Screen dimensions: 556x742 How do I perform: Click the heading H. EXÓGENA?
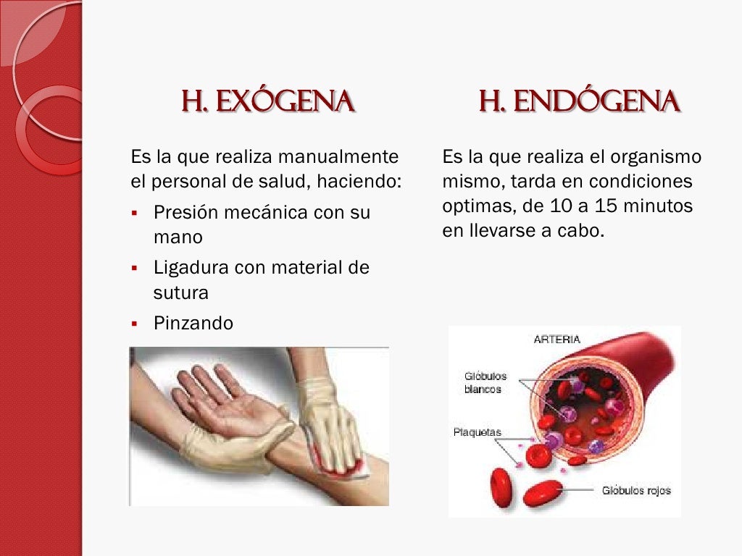click(x=267, y=102)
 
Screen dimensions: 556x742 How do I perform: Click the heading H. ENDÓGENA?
click(x=579, y=102)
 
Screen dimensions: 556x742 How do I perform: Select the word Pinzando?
click(x=193, y=323)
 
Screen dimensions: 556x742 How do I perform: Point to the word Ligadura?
click(x=190, y=268)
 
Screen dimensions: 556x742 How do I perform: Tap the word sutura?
click(x=181, y=292)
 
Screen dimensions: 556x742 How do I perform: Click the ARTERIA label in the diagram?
click(x=556, y=339)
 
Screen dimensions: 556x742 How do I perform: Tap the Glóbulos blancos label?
click(x=485, y=382)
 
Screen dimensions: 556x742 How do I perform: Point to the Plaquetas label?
click(x=477, y=432)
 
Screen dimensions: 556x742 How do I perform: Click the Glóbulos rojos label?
click(x=636, y=490)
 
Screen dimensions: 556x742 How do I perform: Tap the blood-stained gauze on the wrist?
click(x=341, y=463)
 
